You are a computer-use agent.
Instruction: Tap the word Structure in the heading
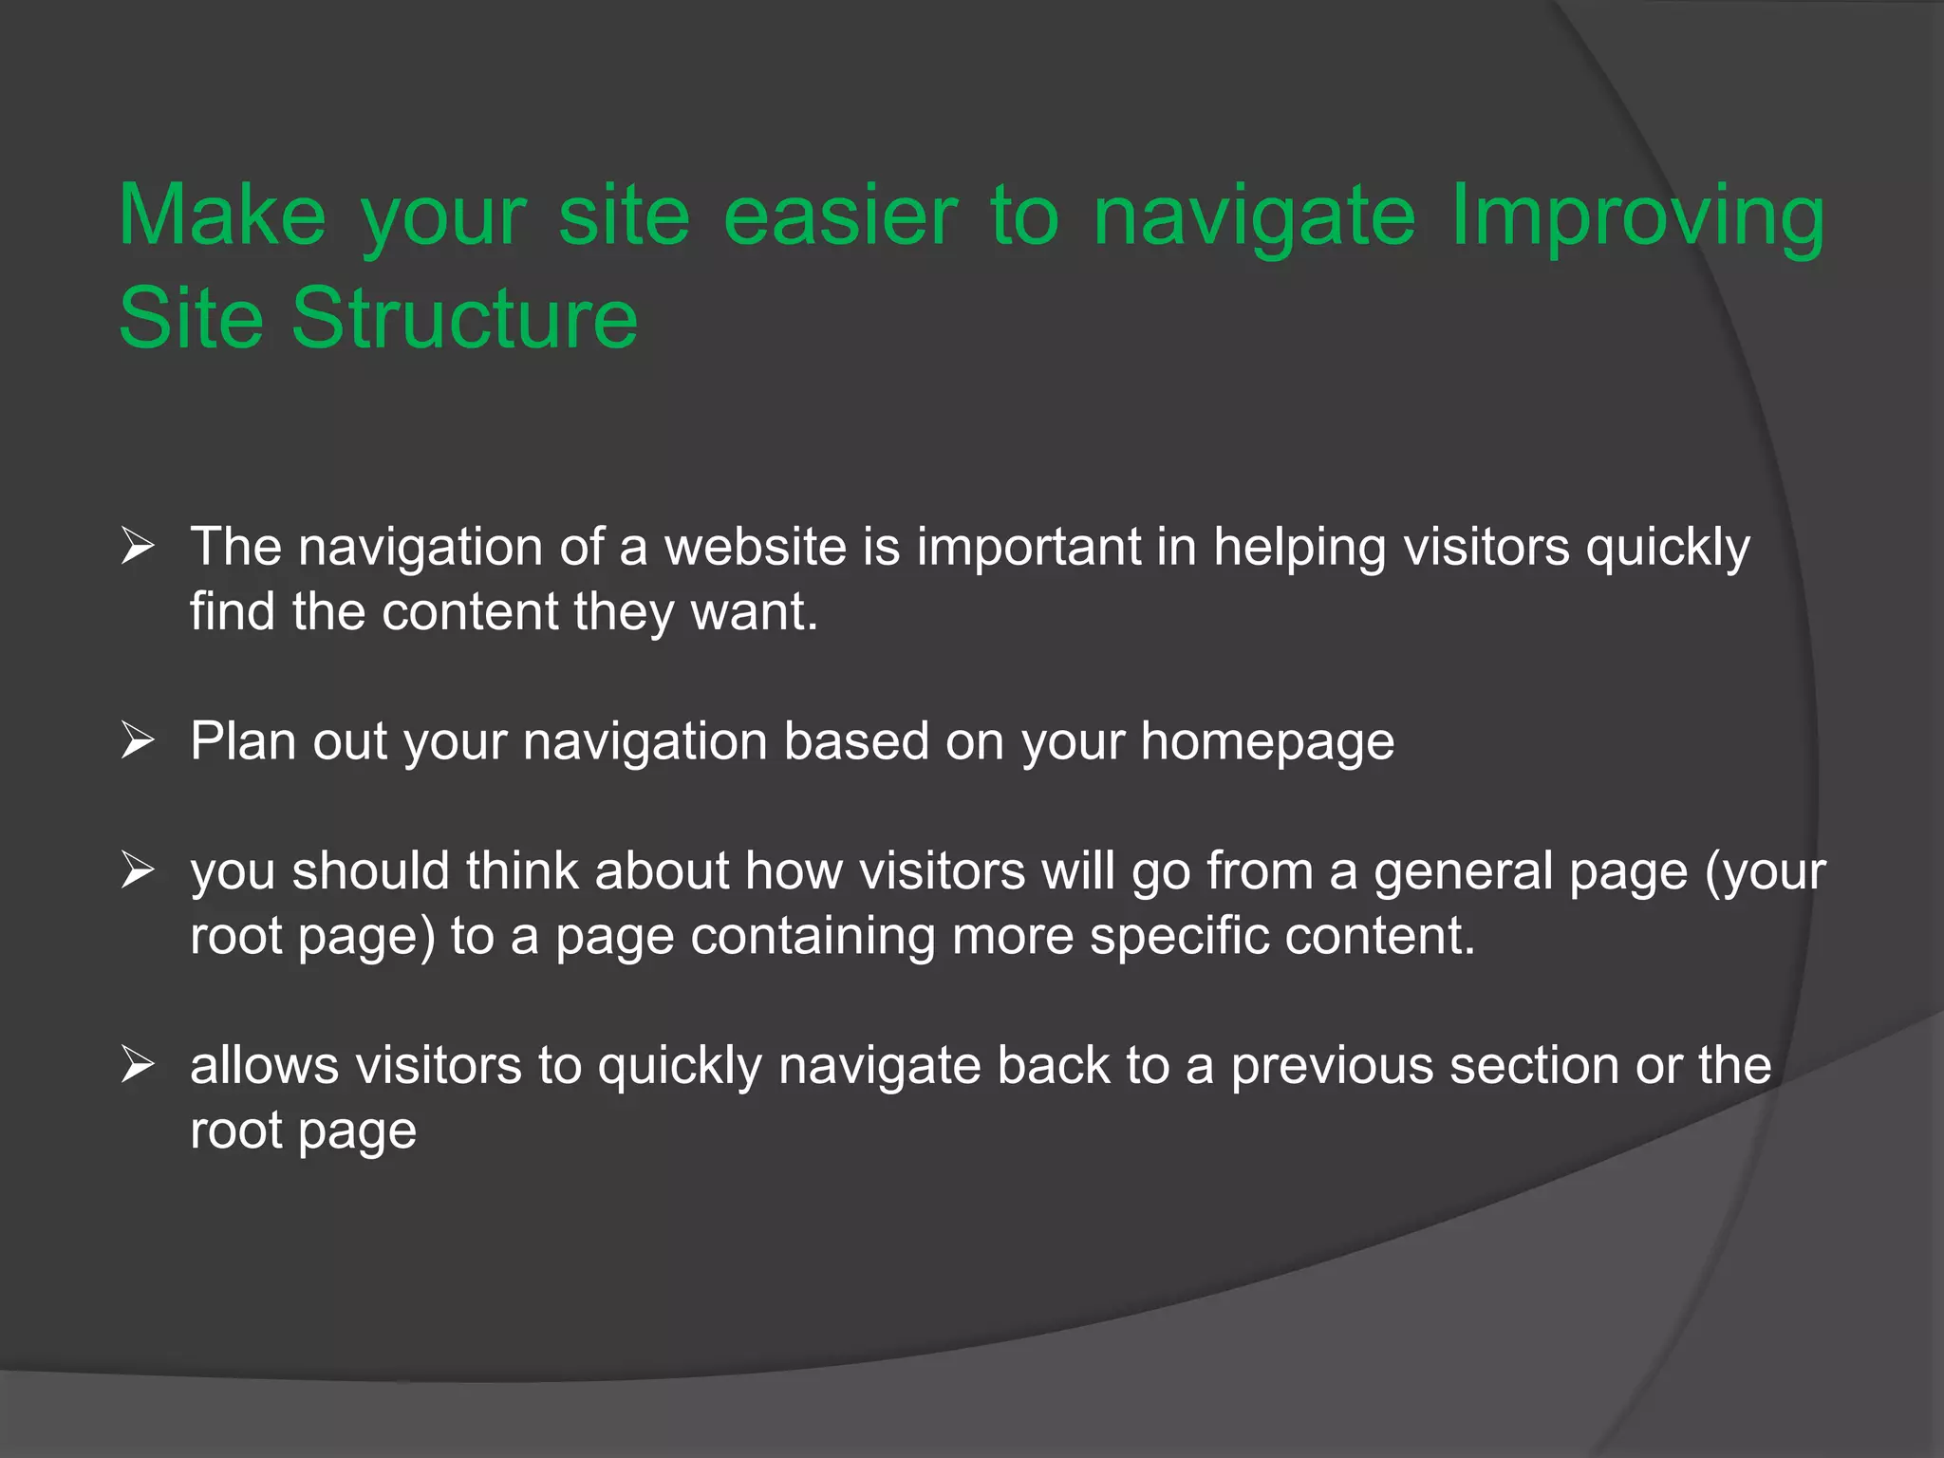(464, 318)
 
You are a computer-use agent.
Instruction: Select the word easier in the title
(840, 216)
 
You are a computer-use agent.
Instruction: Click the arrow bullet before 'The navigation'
(138, 548)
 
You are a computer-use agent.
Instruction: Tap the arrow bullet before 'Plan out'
(138, 741)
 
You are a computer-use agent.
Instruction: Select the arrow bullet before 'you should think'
(138, 871)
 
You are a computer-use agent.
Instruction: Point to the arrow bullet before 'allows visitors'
(138, 1066)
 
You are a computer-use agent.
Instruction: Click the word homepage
(1267, 742)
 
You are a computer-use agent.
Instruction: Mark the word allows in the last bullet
(264, 1066)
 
